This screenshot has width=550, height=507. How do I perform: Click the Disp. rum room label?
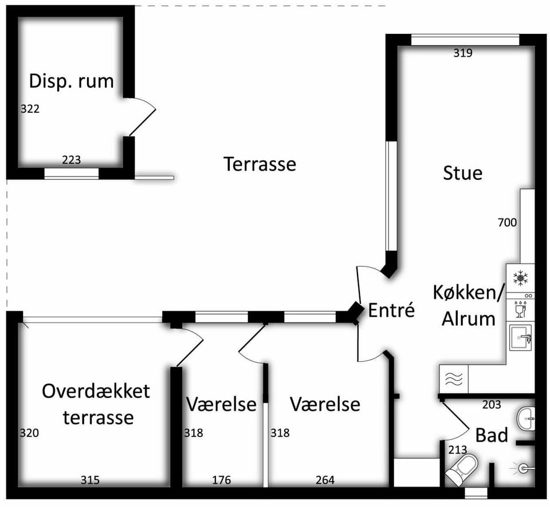[x=72, y=82]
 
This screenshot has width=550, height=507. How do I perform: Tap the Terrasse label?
[x=260, y=164]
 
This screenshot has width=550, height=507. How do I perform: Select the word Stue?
[x=463, y=173]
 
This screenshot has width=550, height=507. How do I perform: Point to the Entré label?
[x=391, y=310]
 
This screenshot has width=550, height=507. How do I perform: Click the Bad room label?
[x=492, y=435]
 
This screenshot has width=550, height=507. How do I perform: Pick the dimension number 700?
[x=507, y=223]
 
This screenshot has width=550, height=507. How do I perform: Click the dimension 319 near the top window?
[x=463, y=53]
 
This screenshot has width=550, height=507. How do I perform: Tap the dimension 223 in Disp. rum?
[x=71, y=160]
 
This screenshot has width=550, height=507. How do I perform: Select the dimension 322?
[x=30, y=109]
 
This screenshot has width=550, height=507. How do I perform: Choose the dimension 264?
[x=325, y=480]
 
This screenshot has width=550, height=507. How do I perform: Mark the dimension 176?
[x=222, y=480]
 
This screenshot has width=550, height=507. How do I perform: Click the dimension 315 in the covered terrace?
[x=90, y=480]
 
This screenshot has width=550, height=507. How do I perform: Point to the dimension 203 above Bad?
[x=492, y=405]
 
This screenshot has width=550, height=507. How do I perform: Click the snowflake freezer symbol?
[x=521, y=278]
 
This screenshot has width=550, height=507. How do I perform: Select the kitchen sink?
[x=521, y=337]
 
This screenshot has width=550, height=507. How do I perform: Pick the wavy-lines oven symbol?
[x=454, y=379]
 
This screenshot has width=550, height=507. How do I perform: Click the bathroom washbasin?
[x=526, y=418]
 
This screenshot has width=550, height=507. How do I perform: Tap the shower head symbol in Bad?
[x=523, y=467]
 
